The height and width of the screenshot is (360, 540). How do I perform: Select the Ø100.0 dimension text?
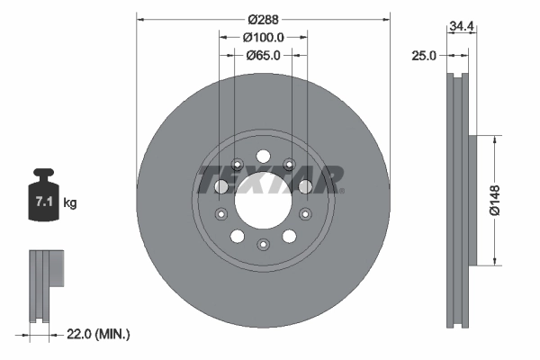(x=264, y=37)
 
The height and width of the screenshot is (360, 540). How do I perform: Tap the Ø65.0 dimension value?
(x=264, y=55)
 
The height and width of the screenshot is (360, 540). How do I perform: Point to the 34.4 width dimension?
(x=462, y=28)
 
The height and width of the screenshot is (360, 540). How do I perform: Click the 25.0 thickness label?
(x=422, y=55)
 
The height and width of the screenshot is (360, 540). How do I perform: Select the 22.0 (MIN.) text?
(x=96, y=334)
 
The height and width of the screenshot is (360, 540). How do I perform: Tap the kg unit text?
(x=70, y=203)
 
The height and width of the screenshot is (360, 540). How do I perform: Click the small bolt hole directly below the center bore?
(x=262, y=244)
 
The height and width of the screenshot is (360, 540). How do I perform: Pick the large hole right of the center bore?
(x=305, y=185)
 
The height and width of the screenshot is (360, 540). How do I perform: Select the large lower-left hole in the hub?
(x=237, y=236)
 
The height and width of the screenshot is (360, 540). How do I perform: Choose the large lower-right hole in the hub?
(x=288, y=236)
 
